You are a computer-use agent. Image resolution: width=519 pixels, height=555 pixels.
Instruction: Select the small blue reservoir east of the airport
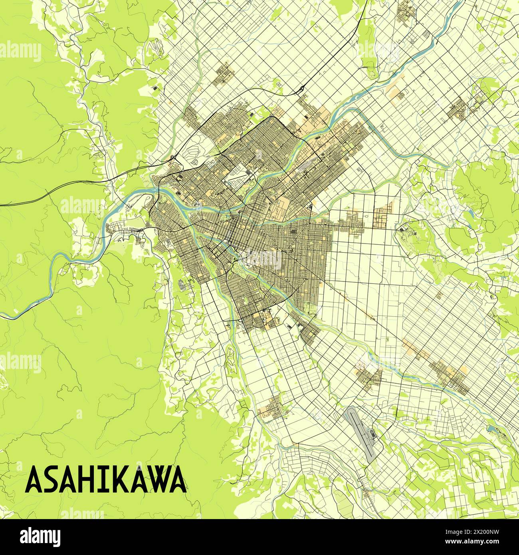pyautogui.click(x=492, y=429)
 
